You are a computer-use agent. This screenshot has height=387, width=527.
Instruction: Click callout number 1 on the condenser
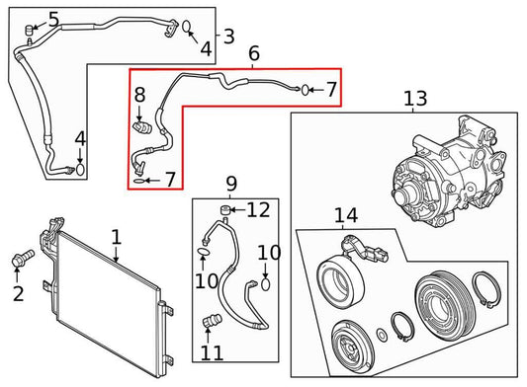pyautogui.click(x=116, y=237)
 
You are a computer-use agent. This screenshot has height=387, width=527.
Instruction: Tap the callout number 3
pyautogui.click(x=229, y=38)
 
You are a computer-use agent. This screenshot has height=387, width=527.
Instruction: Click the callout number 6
pyautogui.click(x=253, y=55)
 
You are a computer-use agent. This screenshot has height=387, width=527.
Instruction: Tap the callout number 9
pyautogui.click(x=231, y=184)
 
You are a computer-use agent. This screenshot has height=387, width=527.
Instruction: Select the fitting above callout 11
pyautogui.click(x=210, y=321)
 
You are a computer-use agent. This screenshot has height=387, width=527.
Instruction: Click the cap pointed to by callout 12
pyautogui.click(x=225, y=210)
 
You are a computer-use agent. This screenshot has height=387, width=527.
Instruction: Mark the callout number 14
pyautogui.click(x=345, y=215)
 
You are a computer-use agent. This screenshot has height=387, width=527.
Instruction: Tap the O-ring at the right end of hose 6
pyautogui.click(x=304, y=90)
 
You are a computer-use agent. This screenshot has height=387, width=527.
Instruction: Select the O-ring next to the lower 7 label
pyautogui.click(x=139, y=181)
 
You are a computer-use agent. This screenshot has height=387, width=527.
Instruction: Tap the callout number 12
pyautogui.click(x=258, y=209)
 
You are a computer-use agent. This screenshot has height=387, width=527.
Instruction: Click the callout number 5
pyautogui.click(x=52, y=19)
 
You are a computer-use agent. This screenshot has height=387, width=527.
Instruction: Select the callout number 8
pyautogui.click(x=139, y=96)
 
